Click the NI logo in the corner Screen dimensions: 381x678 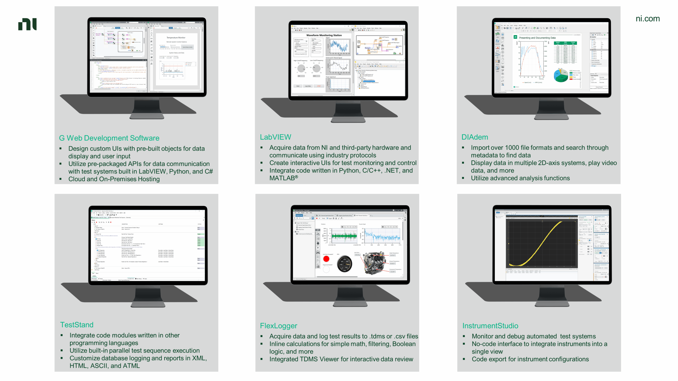[27, 24]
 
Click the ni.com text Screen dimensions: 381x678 [648, 19]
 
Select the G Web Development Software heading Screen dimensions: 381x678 [109, 138]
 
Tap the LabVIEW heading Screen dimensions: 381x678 [275, 137]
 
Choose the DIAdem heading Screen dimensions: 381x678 [475, 137]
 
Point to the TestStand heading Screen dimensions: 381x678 [77, 325]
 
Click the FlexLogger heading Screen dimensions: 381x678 [278, 326]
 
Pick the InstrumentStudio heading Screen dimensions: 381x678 [490, 326]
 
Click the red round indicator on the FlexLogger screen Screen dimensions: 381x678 [326, 259]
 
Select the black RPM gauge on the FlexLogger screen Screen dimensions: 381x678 [345, 264]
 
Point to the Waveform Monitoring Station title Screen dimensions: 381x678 [324, 35]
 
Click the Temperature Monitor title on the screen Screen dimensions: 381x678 [176, 38]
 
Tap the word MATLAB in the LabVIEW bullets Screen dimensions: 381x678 [282, 178]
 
